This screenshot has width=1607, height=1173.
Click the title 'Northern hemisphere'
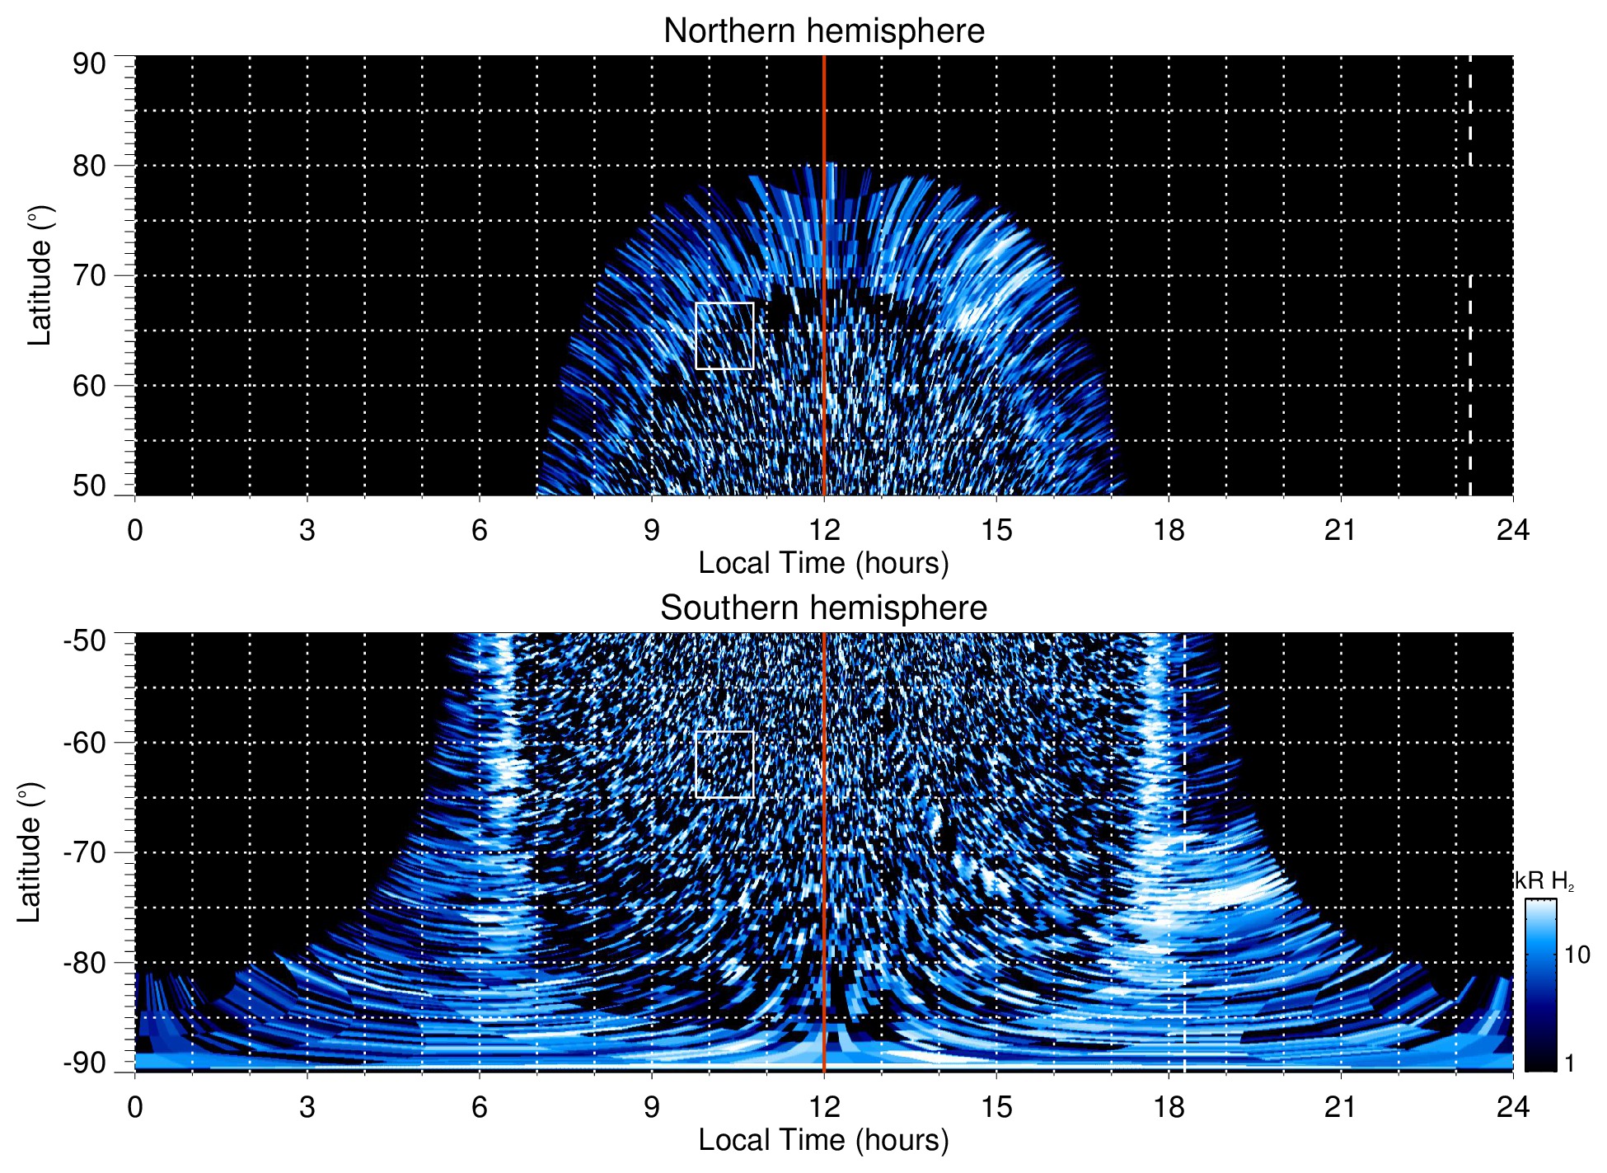[x=823, y=31]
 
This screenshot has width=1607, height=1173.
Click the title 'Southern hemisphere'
[x=823, y=608]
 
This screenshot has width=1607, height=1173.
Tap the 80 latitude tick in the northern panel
[x=89, y=166]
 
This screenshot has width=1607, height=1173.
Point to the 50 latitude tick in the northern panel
[x=89, y=486]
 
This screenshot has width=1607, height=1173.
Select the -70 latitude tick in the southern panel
[x=85, y=852]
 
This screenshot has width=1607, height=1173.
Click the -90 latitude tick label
[x=85, y=1063]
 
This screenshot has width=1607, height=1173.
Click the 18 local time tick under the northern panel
[x=1169, y=529]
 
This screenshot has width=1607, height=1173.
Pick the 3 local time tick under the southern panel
[x=307, y=1106]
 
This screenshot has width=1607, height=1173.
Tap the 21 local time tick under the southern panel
[x=1341, y=1106]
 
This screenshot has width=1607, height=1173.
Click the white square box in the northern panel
[x=724, y=335]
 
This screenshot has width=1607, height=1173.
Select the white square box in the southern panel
[x=724, y=764]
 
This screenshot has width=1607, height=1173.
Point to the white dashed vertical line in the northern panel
[x=1470, y=330]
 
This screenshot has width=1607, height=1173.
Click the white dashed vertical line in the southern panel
[x=1185, y=824]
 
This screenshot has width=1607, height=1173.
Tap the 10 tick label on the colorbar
[x=1577, y=955]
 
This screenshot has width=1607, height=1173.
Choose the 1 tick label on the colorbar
[x=1569, y=1063]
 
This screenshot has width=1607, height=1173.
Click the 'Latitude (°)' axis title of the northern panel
[x=40, y=275]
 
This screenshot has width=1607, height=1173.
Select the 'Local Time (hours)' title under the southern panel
[x=823, y=1140]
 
